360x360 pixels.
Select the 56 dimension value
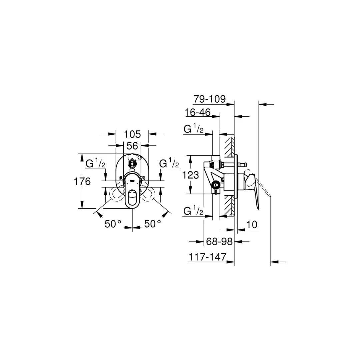click(132, 146)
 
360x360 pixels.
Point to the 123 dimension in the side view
click(191, 175)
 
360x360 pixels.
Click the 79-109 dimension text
click(209, 99)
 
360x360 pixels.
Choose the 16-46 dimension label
click(198, 113)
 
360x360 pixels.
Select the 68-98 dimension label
click(219, 241)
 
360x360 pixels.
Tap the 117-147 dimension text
click(207, 257)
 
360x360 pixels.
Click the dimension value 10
click(253, 225)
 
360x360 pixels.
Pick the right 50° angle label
click(153, 224)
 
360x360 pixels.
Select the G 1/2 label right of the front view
click(169, 163)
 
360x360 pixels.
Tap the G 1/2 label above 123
click(194, 129)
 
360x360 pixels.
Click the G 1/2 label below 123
click(194, 211)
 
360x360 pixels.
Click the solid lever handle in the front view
click(132, 199)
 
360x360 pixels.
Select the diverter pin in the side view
click(243, 164)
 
